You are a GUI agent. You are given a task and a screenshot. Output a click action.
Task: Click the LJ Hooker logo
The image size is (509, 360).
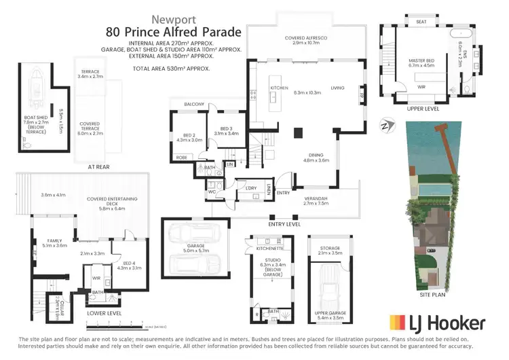pyautogui.click(x=436, y=322)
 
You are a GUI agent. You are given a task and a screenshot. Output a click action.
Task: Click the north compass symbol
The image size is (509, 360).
pyautogui.click(x=386, y=124)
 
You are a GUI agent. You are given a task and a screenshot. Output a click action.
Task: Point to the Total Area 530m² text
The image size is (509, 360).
pyautogui.click(x=170, y=69)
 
